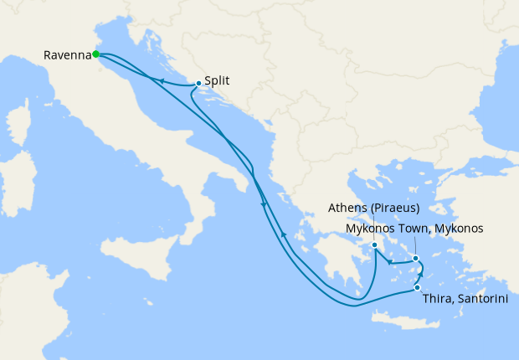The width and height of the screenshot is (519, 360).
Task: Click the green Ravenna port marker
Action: (x=96, y=54)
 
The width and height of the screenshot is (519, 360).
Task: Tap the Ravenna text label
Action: (x=67, y=55)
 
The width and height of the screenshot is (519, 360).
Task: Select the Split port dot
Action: (x=198, y=83)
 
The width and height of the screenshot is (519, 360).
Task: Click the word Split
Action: (x=217, y=82)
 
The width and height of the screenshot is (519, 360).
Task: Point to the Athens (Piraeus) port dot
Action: (x=375, y=245)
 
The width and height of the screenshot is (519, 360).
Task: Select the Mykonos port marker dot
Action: (x=415, y=259)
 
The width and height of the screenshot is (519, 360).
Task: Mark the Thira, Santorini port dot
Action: (x=417, y=288)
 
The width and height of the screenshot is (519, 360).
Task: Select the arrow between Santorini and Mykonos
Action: (x=421, y=275)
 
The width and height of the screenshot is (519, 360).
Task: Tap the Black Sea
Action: (x=469, y=92)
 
